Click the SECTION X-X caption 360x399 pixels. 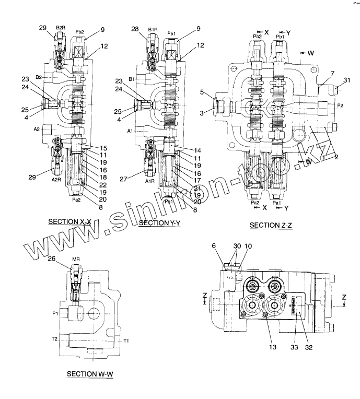[69, 221]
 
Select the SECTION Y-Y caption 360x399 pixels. [160, 224]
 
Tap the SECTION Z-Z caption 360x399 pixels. [271, 225]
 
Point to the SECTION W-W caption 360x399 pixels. [90, 374]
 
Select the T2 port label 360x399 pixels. [54, 339]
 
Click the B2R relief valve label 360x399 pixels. [61, 27]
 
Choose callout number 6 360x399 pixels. [213, 245]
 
